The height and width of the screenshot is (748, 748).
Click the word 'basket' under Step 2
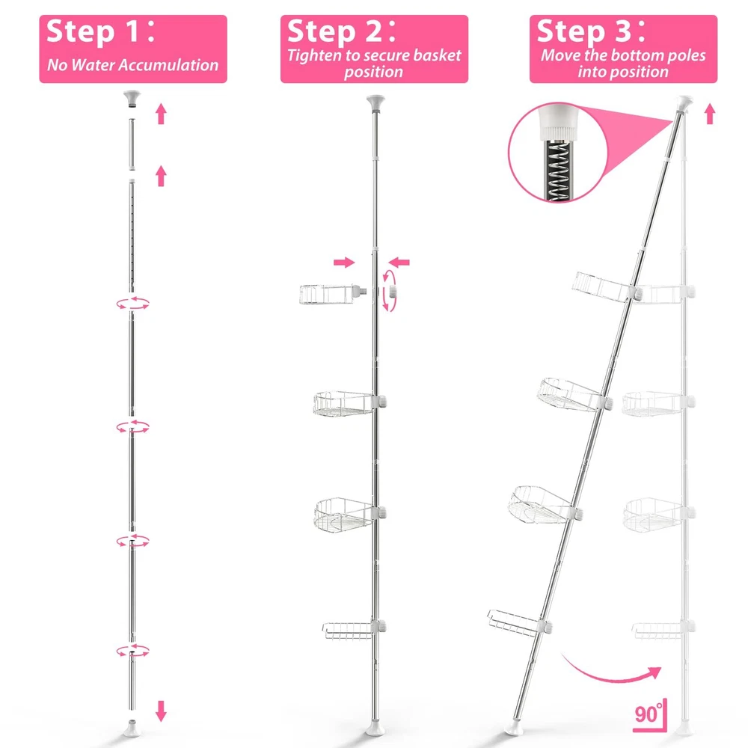tap(437, 55)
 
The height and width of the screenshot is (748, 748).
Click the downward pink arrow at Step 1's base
tap(162, 711)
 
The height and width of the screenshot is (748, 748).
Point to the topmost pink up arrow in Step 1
tap(162, 114)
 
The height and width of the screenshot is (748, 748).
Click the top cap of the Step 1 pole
tap(132, 98)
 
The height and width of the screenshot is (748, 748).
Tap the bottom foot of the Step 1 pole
tap(132, 729)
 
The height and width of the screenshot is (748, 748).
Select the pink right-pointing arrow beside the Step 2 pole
tap(344, 262)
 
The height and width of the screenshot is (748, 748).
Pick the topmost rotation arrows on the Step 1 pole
tap(132, 303)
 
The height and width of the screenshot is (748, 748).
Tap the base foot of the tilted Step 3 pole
tap(515, 729)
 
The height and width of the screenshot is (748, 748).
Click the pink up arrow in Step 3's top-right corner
tap(710, 114)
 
